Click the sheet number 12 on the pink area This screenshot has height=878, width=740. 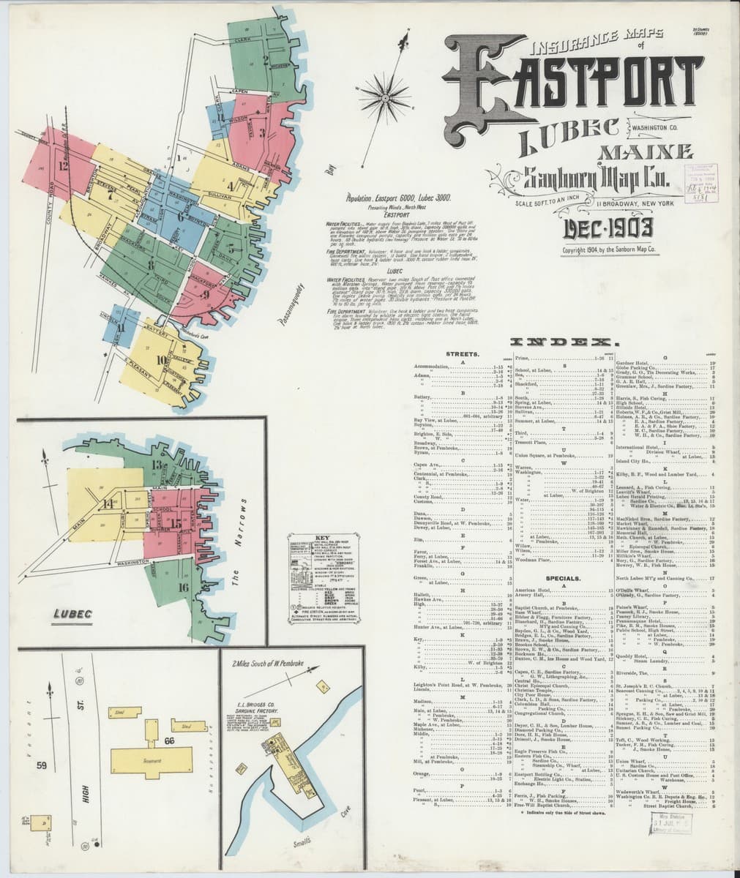click(64, 165)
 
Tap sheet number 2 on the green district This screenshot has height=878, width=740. click(266, 59)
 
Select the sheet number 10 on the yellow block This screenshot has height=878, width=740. click(161, 359)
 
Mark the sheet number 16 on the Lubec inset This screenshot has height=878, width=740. click(182, 587)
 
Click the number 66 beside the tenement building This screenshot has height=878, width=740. click(169, 740)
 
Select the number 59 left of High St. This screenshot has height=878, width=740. click(42, 766)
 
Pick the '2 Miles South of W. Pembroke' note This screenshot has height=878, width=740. click(266, 664)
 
